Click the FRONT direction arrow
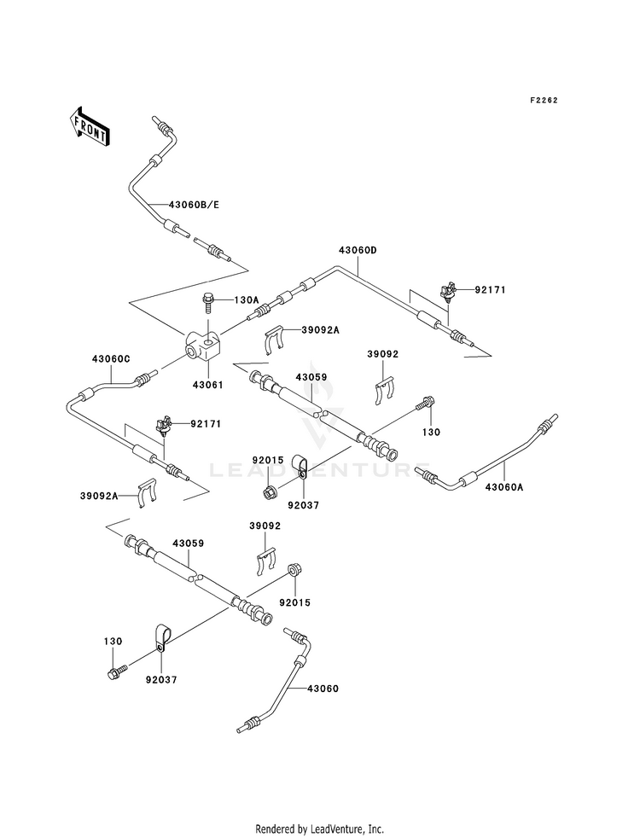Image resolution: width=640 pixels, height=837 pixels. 89,126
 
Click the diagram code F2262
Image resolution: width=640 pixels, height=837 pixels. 544,101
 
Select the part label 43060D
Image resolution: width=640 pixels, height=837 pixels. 358,250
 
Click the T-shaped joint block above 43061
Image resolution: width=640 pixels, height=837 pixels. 202,346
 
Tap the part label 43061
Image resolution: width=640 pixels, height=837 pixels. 207,385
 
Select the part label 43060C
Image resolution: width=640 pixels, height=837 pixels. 110,359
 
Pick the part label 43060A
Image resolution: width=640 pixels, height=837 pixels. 504,487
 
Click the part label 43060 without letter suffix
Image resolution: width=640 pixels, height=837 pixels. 323,689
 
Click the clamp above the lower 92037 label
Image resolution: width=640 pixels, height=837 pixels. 162,636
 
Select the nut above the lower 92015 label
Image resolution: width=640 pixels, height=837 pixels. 293,570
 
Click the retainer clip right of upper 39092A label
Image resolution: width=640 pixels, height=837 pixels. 275,339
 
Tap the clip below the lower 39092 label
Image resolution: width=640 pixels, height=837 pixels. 265,561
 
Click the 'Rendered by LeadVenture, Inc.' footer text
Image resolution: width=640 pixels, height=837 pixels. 320,829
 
